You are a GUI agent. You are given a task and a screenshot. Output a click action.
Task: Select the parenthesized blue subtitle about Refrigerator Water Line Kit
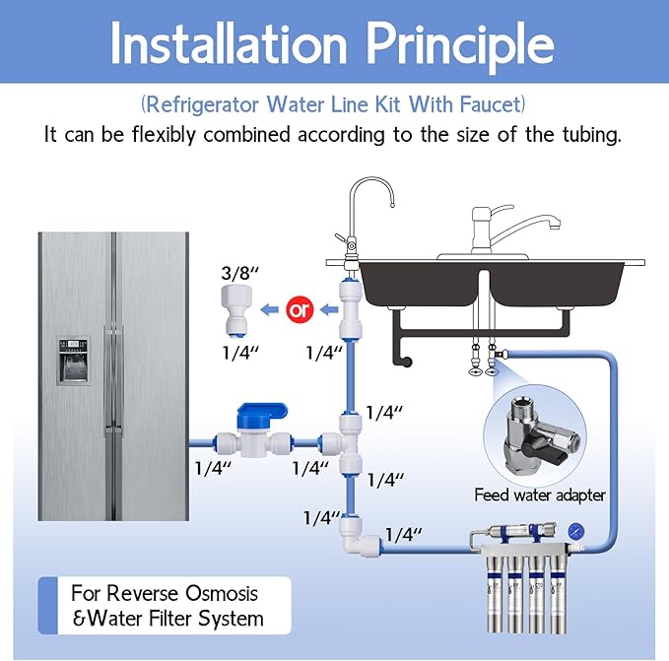coord(333,103)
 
